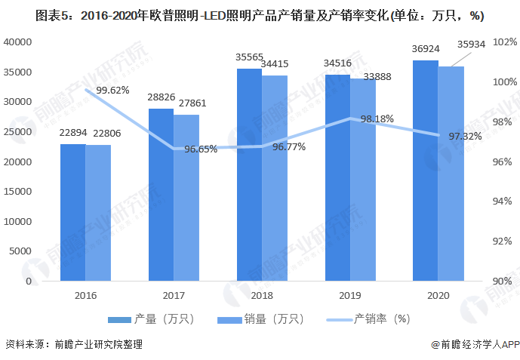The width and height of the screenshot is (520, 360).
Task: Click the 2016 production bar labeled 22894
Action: click(x=73, y=212)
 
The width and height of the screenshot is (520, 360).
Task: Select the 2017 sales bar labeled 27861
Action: click(x=186, y=198)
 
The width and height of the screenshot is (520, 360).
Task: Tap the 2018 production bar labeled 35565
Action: click(x=249, y=174)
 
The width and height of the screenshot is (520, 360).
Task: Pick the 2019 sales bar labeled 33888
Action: click(x=363, y=180)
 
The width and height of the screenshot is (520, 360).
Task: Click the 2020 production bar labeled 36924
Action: click(x=426, y=171)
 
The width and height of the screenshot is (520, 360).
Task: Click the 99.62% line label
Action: click(x=112, y=90)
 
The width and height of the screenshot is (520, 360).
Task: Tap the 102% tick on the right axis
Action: click(x=503, y=42)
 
